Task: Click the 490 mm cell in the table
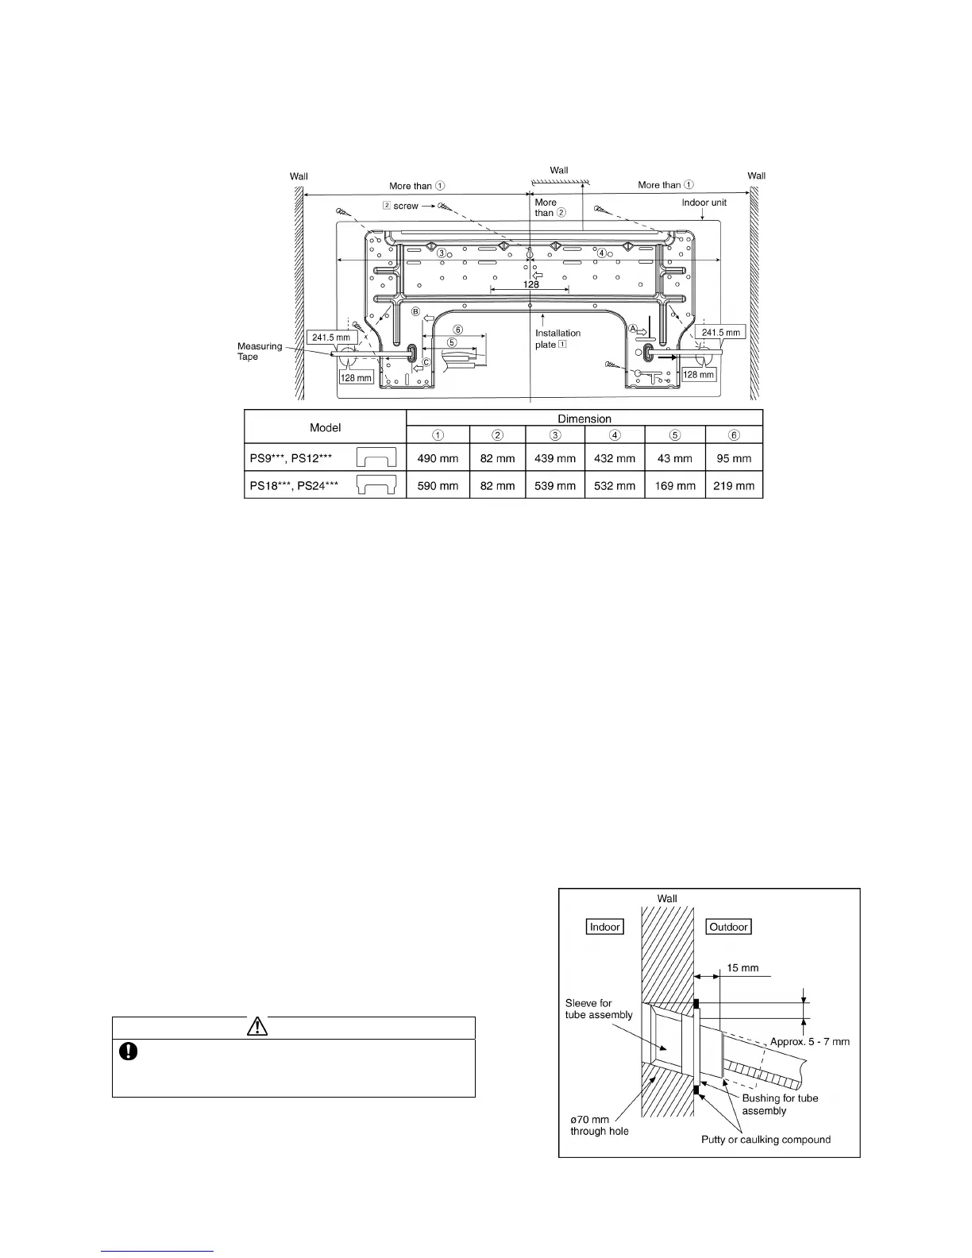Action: pyautogui.click(x=438, y=457)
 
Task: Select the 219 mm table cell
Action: pyautogui.click(x=734, y=485)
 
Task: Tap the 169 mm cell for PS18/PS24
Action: pyautogui.click(x=674, y=485)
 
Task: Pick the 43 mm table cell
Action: pyautogui.click(x=674, y=457)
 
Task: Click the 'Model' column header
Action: pyautogui.click(x=325, y=426)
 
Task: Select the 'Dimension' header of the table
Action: pyautogui.click(x=584, y=418)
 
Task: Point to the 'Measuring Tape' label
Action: pyautogui.click(x=259, y=351)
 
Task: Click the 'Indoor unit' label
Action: pyautogui.click(x=704, y=203)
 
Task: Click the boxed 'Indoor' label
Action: pyautogui.click(x=604, y=927)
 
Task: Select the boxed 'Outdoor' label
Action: pyautogui.click(x=728, y=927)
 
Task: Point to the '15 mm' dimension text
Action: pyautogui.click(x=742, y=968)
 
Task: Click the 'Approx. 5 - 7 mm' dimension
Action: pyautogui.click(x=809, y=1041)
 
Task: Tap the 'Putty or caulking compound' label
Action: pyautogui.click(x=766, y=1140)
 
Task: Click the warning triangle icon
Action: pyautogui.click(x=256, y=1027)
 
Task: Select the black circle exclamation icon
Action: pyautogui.click(x=128, y=1051)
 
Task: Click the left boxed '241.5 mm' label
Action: pyautogui.click(x=330, y=338)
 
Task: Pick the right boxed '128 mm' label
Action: pyautogui.click(x=699, y=374)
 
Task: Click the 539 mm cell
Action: pyautogui.click(x=555, y=485)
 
